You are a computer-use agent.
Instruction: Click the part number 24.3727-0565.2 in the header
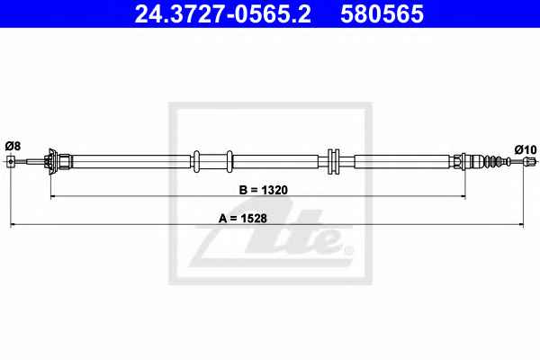[x=223, y=14]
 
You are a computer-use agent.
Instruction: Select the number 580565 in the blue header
[x=382, y=14]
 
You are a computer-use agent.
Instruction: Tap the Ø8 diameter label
[x=13, y=146]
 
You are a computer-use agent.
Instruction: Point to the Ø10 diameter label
[x=526, y=150]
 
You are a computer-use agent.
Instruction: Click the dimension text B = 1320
[x=263, y=190]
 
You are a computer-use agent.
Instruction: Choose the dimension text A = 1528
[x=243, y=218]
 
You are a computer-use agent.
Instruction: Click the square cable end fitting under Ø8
[x=11, y=161]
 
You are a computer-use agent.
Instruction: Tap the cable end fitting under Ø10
[x=530, y=161]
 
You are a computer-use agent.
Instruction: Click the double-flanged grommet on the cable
[x=333, y=161]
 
